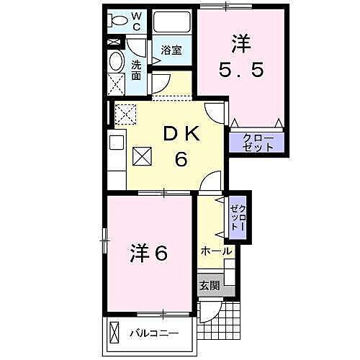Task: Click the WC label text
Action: [x=138, y=21]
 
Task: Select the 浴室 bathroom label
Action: [x=171, y=51]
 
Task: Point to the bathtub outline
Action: [x=171, y=22]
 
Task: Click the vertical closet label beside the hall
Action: [x=238, y=217]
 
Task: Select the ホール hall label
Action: [x=216, y=251]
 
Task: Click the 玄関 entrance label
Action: [x=210, y=285]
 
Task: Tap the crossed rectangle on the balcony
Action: [x=117, y=333]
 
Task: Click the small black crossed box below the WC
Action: [x=114, y=42]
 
